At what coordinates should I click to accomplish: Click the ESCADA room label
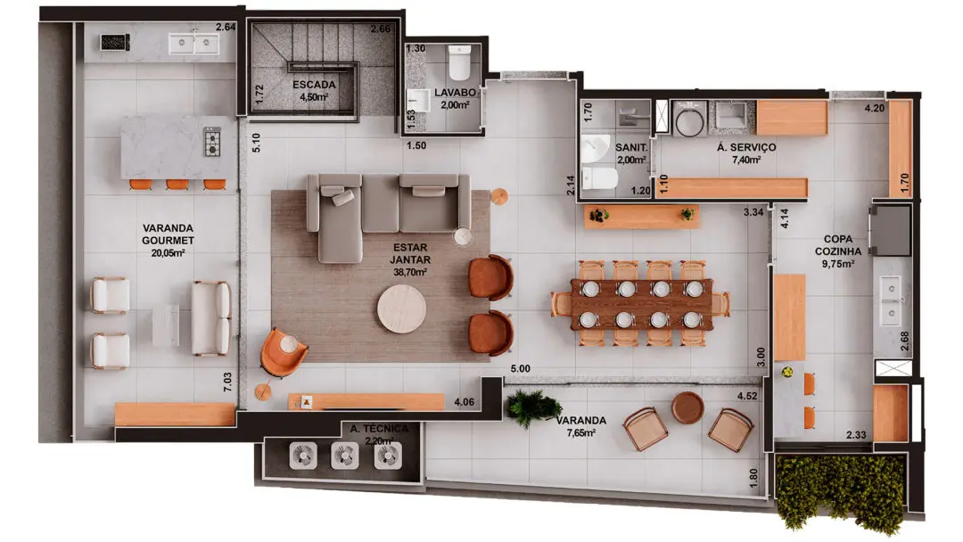point(314,85)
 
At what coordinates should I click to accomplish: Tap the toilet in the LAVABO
point(459,62)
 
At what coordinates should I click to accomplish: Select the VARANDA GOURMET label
point(168,234)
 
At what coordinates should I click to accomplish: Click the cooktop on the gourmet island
point(212,142)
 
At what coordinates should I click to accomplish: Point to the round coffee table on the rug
point(401,308)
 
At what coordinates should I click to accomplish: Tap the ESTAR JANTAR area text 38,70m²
point(410,272)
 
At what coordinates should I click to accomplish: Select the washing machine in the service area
point(690,119)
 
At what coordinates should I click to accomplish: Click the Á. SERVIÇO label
point(745,147)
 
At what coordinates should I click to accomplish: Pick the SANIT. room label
point(631,148)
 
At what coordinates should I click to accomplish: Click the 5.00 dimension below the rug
point(520,368)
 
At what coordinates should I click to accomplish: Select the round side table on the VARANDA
point(687,408)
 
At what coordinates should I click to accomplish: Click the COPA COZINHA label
point(837,245)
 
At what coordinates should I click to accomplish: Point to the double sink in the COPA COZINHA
point(891,301)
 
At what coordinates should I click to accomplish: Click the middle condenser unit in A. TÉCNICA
point(344,456)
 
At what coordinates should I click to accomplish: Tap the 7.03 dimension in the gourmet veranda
point(228,382)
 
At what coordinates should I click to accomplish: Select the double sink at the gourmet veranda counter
point(194,44)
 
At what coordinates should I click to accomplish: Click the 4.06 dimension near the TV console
point(465,402)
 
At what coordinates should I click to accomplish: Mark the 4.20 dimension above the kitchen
point(875,108)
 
